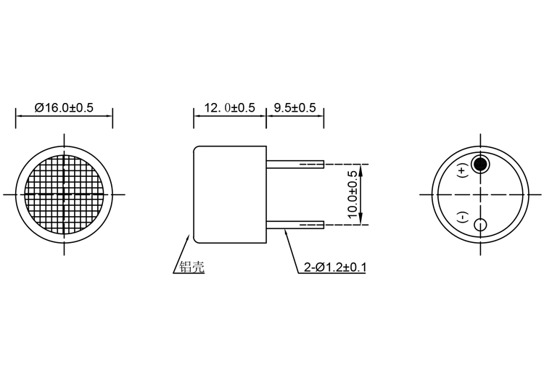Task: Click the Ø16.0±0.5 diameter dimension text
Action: pos(64,108)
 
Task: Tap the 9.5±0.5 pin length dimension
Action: pos(294,108)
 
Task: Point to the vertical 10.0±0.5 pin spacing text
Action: pos(353,194)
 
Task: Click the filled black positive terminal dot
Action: pos(480,164)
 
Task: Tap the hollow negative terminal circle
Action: pos(480,225)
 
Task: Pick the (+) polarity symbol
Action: pos(463,172)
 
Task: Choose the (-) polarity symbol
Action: pos(463,217)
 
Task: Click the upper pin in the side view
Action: pos(293,165)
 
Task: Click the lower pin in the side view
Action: pos(293,225)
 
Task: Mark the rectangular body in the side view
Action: pos(229,194)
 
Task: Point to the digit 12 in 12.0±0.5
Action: pos(211,108)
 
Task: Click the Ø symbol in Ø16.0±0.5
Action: pos(39,108)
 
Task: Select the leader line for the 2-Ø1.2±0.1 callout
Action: pos(292,251)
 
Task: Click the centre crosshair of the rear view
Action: pos(480,194)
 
